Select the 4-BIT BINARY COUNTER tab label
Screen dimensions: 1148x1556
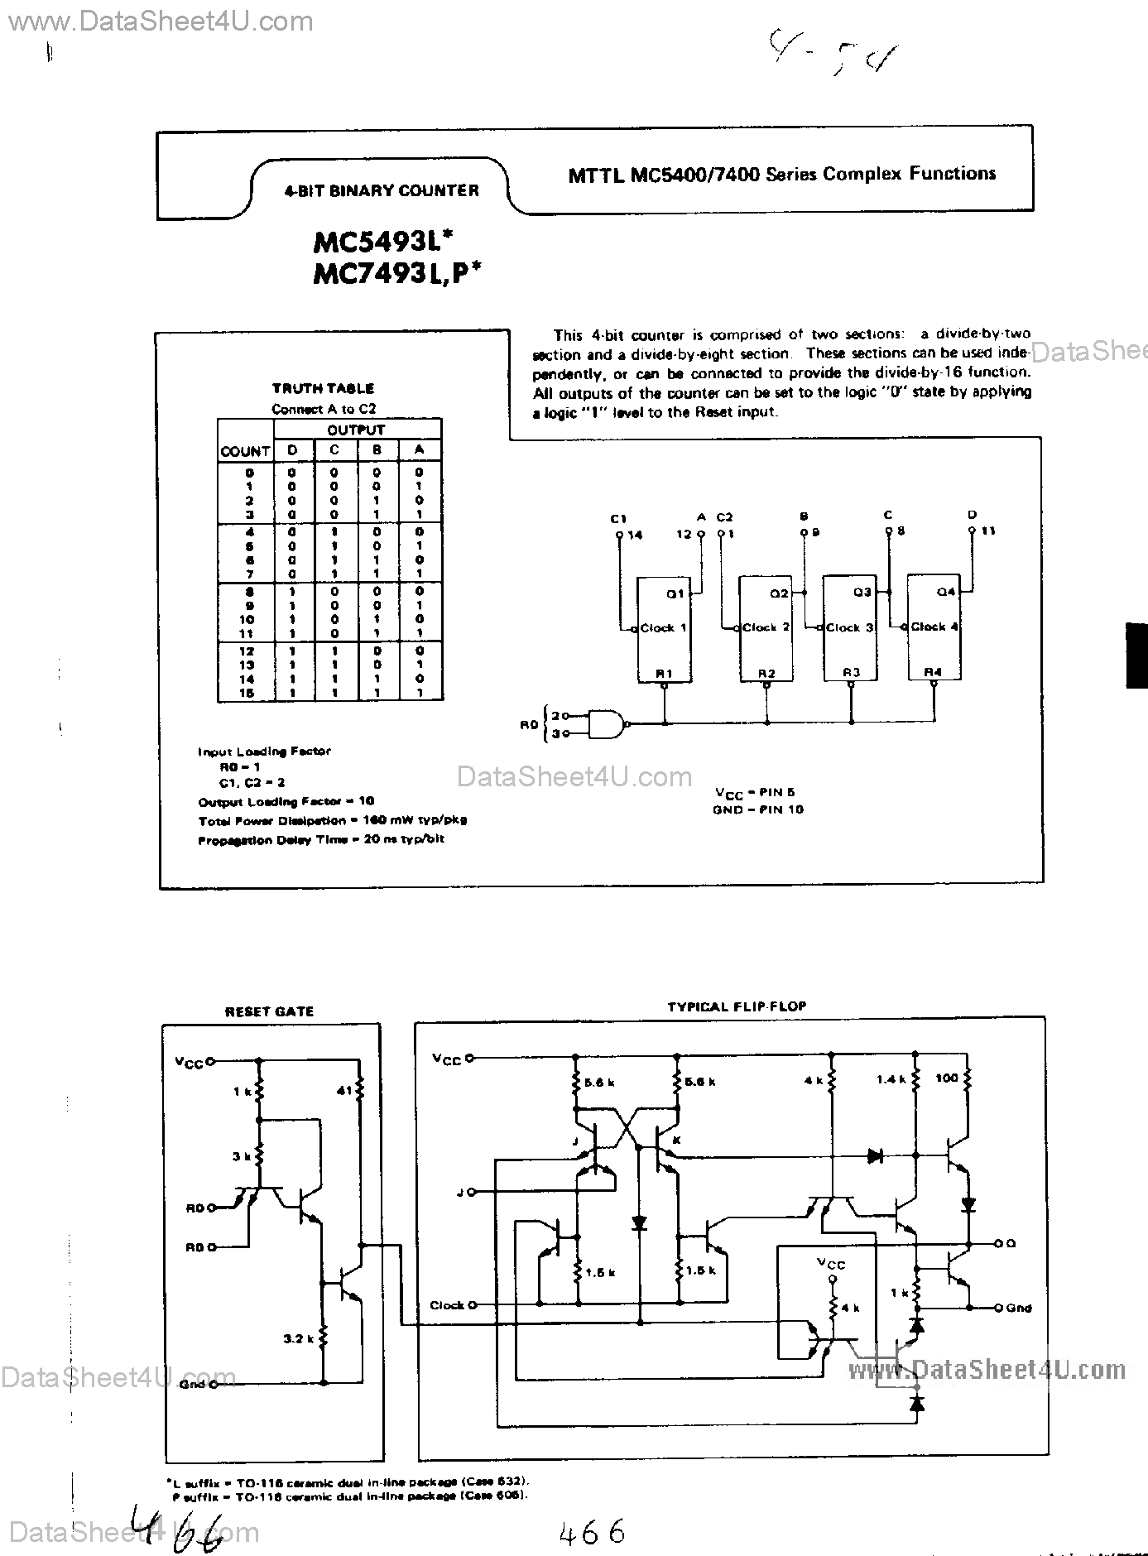pos(381,190)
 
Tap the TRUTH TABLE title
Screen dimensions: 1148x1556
pos(323,388)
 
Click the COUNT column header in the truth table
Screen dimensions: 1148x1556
pos(245,451)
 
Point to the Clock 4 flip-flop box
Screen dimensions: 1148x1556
pos(934,629)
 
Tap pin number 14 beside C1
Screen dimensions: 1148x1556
pos(635,535)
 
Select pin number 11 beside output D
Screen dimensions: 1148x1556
pos(987,531)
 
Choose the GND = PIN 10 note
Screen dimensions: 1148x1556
pos(757,809)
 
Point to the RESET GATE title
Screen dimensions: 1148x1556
pos(270,1011)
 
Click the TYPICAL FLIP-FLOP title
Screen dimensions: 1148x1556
pos(737,1006)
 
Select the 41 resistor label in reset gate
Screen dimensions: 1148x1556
pos(345,1091)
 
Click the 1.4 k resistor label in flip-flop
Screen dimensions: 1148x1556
pos(891,1079)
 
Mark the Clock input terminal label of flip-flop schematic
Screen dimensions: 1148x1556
pos(447,1305)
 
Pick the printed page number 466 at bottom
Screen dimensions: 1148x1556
pos(592,1533)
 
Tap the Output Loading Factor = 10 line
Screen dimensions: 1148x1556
pos(286,801)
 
